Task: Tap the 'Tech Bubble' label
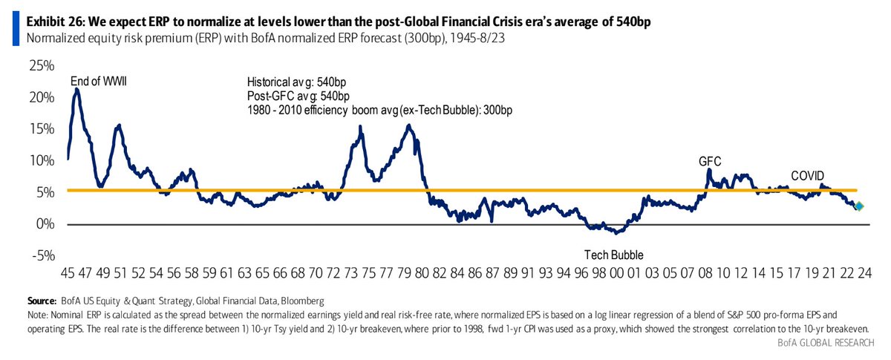pyautogui.click(x=613, y=255)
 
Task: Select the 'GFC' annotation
pyautogui.click(x=709, y=160)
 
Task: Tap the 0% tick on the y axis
pyautogui.click(x=44, y=224)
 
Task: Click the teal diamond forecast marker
pyautogui.click(x=858, y=207)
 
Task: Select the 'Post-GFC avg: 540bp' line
pyautogui.click(x=298, y=96)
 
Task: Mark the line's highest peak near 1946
pyautogui.click(x=77, y=89)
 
